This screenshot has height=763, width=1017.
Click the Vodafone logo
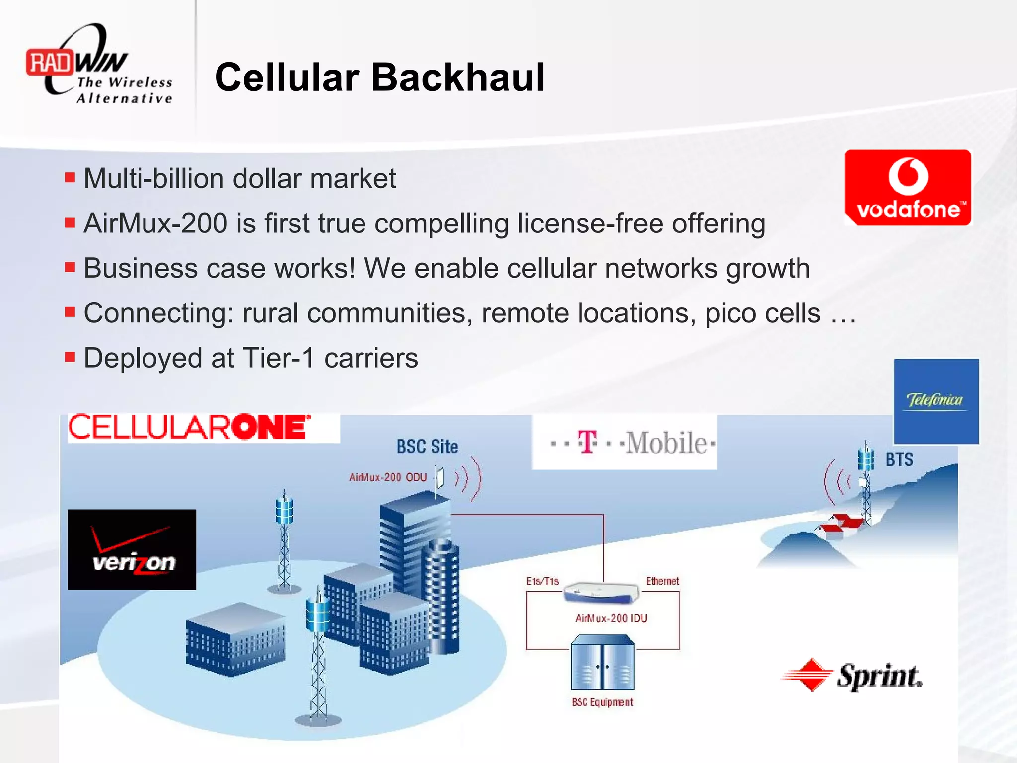[908, 187]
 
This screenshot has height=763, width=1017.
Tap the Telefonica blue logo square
[936, 401]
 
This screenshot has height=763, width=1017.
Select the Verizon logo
[132, 549]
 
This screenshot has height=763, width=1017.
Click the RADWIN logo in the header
[99, 65]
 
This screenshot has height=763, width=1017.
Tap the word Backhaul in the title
[458, 78]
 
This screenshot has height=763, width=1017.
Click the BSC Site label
[427, 447]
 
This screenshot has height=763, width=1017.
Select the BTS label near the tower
[899, 459]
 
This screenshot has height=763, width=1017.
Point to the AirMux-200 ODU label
[387, 477]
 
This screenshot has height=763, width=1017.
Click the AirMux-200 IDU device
[601, 592]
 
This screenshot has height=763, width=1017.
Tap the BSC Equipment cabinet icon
[602, 663]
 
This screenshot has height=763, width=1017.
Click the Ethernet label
[662, 581]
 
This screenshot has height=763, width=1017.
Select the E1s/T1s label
[542, 581]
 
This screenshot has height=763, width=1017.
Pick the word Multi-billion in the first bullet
[154, 178]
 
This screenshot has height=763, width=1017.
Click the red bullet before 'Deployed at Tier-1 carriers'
[70, 357]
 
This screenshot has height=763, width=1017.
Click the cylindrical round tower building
[441, 596]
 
